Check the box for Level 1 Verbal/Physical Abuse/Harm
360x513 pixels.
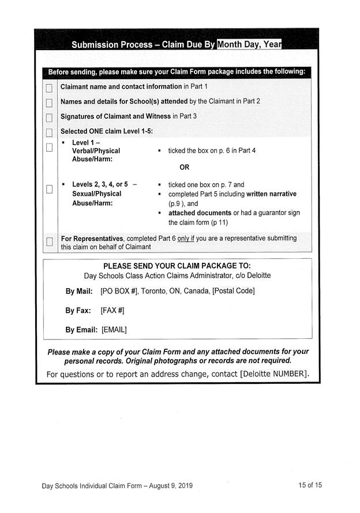(x=49, y=146)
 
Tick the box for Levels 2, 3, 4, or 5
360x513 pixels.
(x=49, y=188)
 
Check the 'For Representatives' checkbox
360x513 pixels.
(x=49, y=241)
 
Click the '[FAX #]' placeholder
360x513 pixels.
(x=112, y=311)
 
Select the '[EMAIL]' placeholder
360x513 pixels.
(x=114, y=330)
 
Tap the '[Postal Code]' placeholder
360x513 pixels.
(x=233, y=291)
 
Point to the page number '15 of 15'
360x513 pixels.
(x=310, y=485)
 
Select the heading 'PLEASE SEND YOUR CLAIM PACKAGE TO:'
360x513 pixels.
(x=177, y=266)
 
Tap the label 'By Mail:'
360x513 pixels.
(x=79, y=291)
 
